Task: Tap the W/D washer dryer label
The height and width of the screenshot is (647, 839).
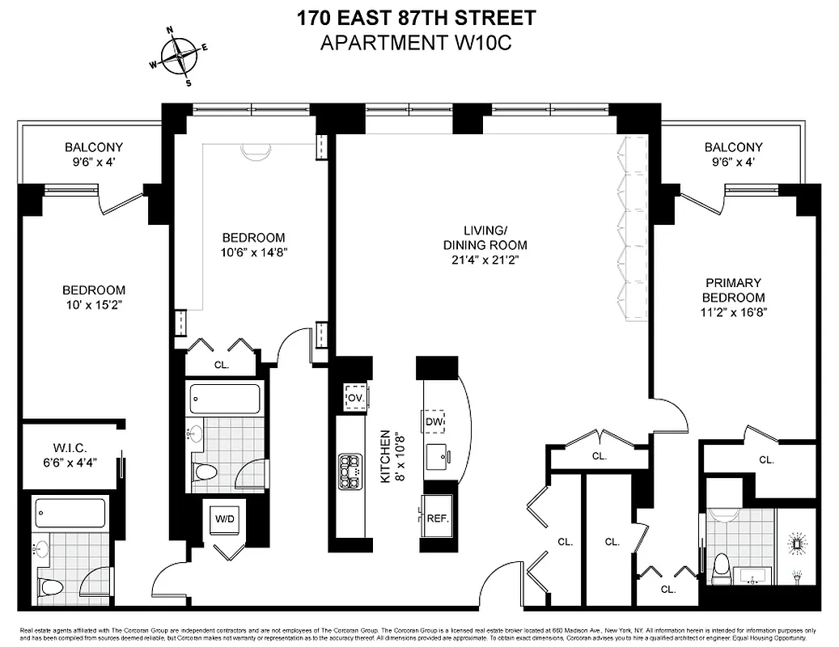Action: [223, 518]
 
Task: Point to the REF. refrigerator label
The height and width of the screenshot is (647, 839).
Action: [437, 518]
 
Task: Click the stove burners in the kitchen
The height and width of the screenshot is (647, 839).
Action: [350, 471]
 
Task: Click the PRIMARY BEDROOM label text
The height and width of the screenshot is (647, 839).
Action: [733, 297]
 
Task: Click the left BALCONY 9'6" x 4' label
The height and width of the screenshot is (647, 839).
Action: [94, 154]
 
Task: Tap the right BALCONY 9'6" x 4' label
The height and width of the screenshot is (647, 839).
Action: [733, 154]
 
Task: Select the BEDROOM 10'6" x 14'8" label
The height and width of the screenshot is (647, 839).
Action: [253, 244]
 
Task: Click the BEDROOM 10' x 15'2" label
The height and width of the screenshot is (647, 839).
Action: [95, 297]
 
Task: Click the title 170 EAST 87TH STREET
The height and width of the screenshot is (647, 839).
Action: [417, 17]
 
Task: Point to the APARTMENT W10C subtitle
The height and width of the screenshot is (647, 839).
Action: [417, 42]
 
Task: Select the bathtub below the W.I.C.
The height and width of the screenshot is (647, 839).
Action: [70, 512]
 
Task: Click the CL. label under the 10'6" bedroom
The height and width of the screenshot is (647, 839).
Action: [222, 365]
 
